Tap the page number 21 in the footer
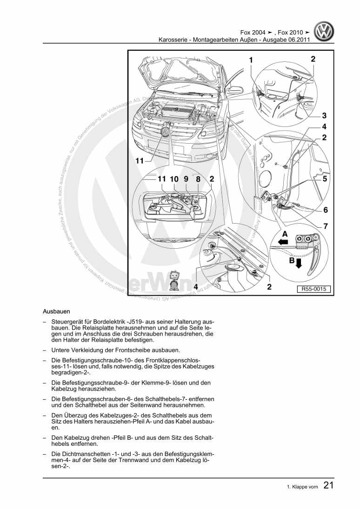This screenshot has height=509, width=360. click(328, 486)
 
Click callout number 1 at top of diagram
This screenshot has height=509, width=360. click(251, 60)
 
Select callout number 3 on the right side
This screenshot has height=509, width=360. click(324, 115)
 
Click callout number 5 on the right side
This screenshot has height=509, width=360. click(325, 178)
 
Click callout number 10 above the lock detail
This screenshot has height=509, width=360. click(174, 178)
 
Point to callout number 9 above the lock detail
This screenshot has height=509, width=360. click(186, 178)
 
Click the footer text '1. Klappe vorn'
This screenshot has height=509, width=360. click(302, 488)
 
